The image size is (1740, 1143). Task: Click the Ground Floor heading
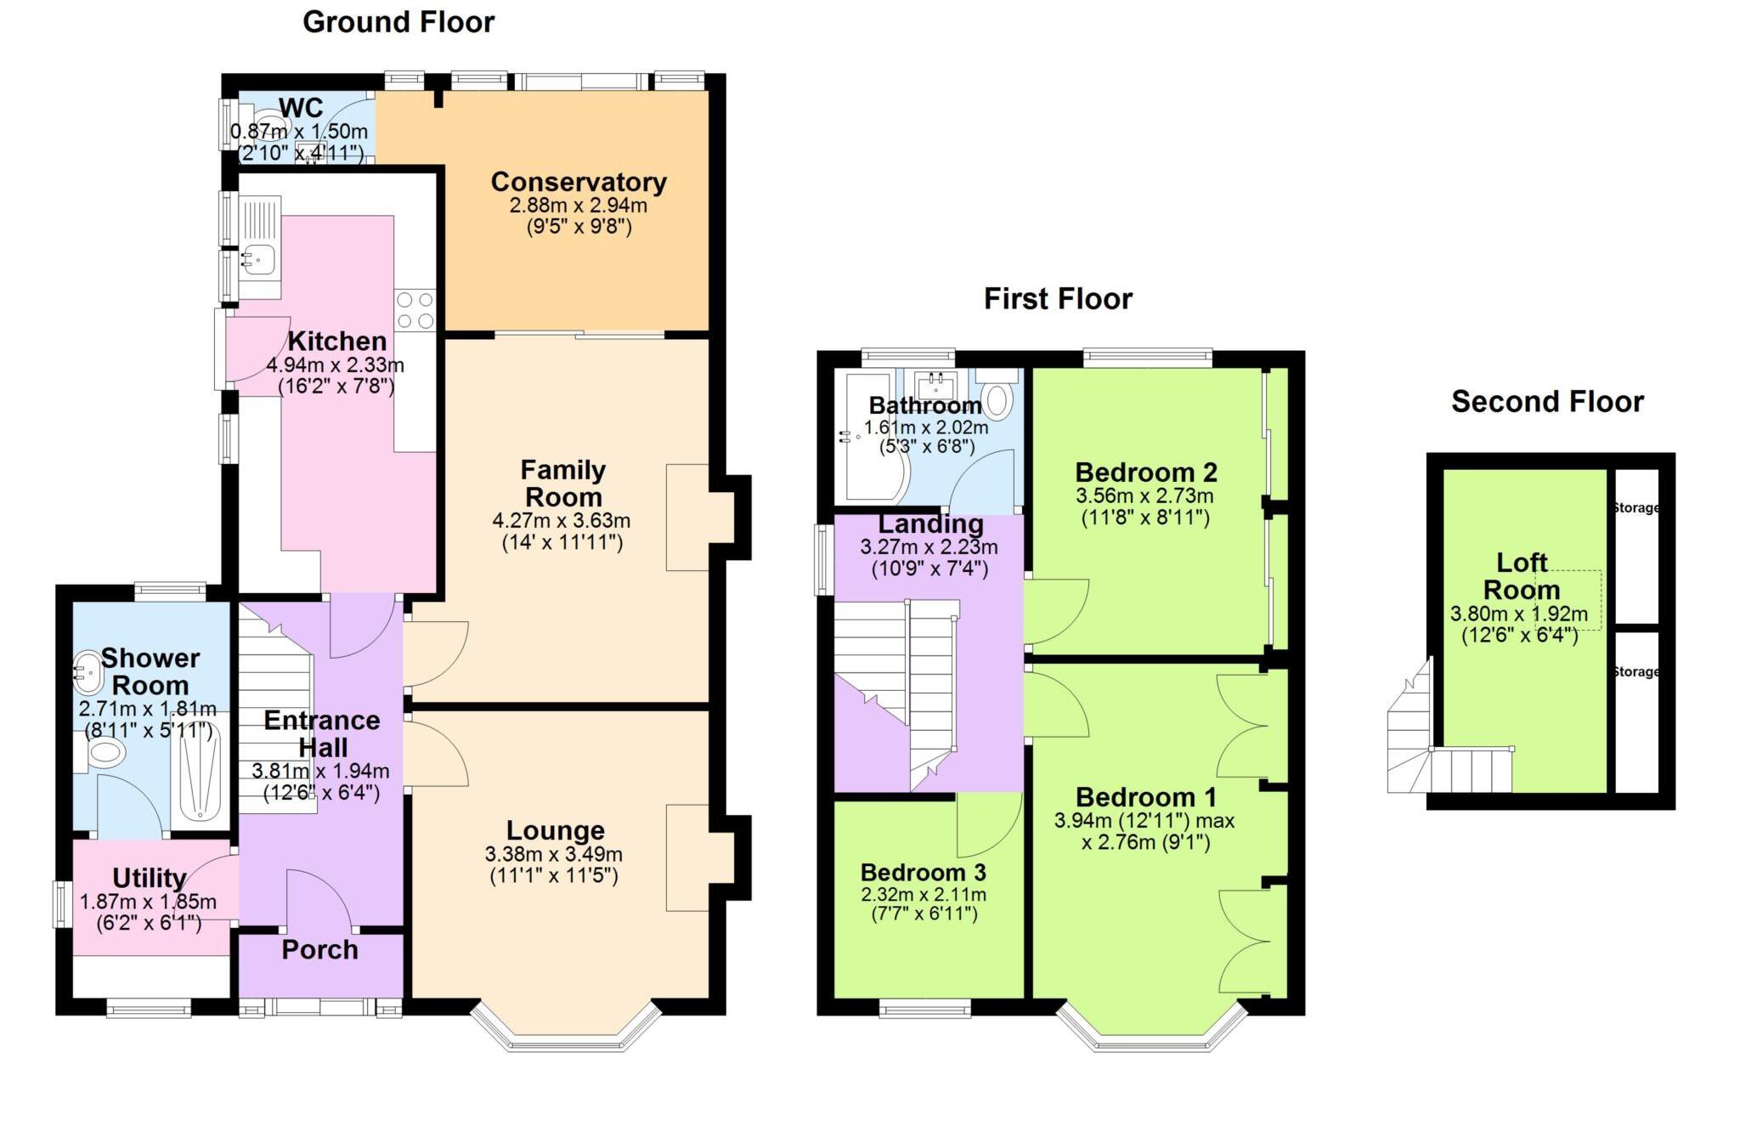(398, 22)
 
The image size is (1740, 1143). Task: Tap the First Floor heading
(1057, 299)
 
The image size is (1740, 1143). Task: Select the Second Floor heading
(1546, 402)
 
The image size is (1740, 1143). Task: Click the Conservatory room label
(579, 182)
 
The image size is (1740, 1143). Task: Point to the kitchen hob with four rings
(415, 310)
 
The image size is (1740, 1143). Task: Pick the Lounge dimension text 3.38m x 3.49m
(553, 854)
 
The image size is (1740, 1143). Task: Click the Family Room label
(562, 483)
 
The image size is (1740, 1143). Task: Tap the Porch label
(319, 950)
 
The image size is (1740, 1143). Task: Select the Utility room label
(150, 878)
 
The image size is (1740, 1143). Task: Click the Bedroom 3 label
(923, 873)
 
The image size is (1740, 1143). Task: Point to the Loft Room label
(1521, 576)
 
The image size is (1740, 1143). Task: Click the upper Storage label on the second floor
(1635, 508)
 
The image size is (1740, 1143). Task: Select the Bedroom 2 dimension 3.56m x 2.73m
(1144, 496)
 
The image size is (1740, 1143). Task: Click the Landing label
(930, 524)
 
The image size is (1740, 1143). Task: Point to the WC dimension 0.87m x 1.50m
(299, 132)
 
